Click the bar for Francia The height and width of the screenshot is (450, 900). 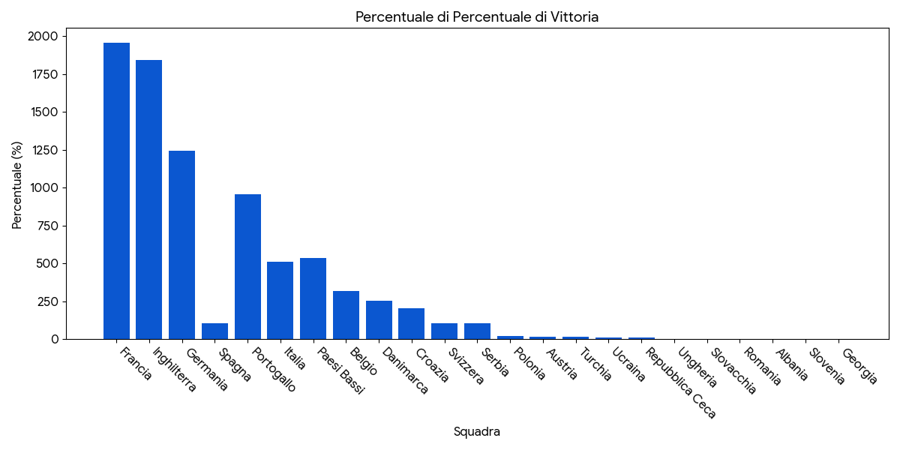(116, 191)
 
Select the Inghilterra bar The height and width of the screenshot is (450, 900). (148, 199)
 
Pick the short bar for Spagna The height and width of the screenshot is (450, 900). (214, 331)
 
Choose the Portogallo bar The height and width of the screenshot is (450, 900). (247, 267)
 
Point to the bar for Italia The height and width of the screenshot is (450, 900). (280, 301)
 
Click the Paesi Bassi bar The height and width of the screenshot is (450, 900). (313, 298)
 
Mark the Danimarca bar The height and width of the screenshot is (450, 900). (379, 320)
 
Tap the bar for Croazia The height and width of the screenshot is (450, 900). (411, 324)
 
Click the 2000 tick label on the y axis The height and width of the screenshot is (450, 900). (43, 36)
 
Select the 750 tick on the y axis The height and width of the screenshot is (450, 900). (46, 226)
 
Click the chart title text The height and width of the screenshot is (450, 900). (477, 16)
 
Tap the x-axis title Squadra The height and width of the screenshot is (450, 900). (477, 432)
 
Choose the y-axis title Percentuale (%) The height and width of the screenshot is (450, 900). (17, 185)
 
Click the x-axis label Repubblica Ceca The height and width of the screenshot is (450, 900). (681, 382)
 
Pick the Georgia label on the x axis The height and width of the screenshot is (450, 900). (859, 366)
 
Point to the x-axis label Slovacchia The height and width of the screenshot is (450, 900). (733, 370)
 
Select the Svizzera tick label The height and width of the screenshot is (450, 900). (466, 366)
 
